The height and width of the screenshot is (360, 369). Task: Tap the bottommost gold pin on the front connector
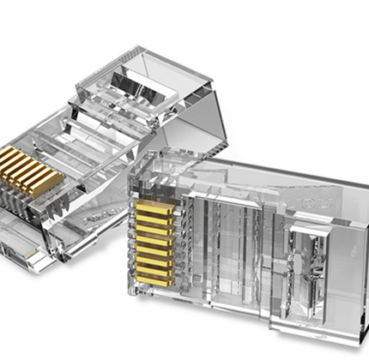pos(155,279)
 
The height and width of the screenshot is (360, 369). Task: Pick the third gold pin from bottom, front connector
pos(155,258)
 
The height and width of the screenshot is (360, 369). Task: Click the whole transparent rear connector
pos(103,154)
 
